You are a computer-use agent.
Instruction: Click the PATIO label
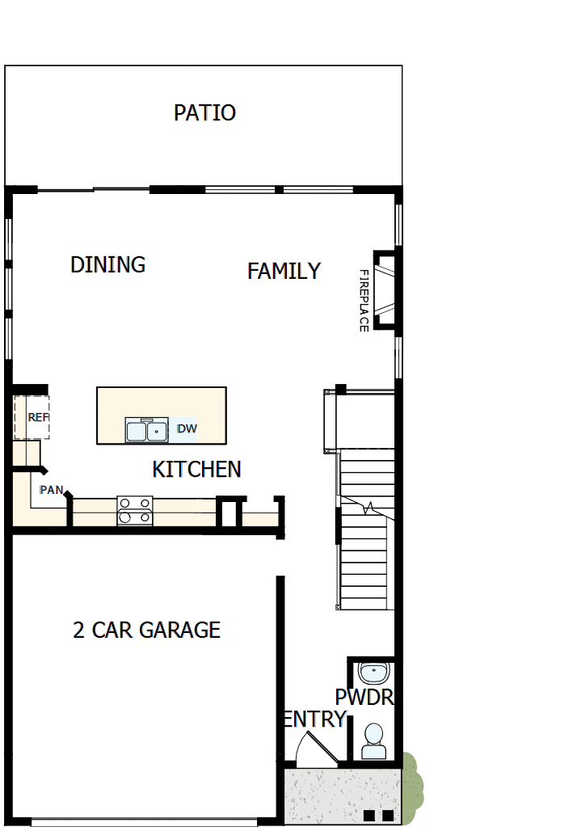point(204,113)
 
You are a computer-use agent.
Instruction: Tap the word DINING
point(107,264)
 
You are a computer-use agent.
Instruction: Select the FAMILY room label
point(284,271)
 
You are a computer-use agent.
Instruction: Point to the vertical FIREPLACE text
point(364,301)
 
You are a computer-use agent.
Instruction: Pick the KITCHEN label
point(196,469)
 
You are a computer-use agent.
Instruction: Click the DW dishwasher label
point(187,428)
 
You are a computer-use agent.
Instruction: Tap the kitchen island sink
point(145,430)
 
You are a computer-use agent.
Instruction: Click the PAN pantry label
point(51,489)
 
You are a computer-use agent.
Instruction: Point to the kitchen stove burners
point(135,510)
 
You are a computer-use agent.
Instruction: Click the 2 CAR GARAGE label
point(146,630)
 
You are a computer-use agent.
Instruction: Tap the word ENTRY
point(314,719)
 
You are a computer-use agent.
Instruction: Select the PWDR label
point(364,697)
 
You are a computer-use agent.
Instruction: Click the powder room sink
point(373,672)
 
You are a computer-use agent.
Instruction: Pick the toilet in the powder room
point(373,741)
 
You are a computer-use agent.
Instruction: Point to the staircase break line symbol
point(369,508)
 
